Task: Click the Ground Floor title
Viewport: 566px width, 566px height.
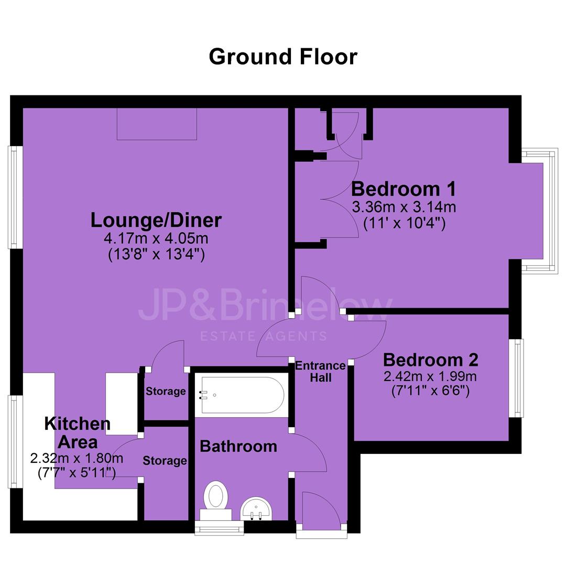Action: pyautogui.click(x=283, y=57)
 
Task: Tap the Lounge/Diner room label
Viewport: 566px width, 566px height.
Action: pyautogui.click(x=156, y=220)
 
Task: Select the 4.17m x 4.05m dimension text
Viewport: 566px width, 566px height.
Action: pyautogui.click(x=156, y=238)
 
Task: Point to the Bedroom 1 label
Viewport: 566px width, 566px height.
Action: pyautogui.click(x=404, y=189)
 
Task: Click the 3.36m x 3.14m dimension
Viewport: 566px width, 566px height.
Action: pyautogui.click(x=404, y=207)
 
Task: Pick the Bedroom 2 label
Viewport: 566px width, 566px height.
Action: pyautogui.click(x=431, y=360)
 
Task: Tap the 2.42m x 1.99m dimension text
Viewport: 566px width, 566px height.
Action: pyautogui.click(x=430, y=376)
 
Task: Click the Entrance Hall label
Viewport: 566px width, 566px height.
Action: pyautogui.click(x=320, y=372)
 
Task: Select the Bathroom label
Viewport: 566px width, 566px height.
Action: pyautogui.click(x=238, y=447)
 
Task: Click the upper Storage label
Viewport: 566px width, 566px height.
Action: pyautogui.click(x=166, y=391)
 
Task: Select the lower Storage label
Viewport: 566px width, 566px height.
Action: pyautogui.click(x=165, y=461)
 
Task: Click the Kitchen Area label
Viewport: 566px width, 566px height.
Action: pyautogui.click(x=77, y=432)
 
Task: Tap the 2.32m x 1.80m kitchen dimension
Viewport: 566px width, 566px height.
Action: pyautogui.click(x=77, y=459)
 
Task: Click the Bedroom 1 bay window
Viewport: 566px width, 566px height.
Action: pyautogui.click(x=540, y=210)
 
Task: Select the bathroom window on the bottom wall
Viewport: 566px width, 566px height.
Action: pyautogui.click(x=220, y=528)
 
